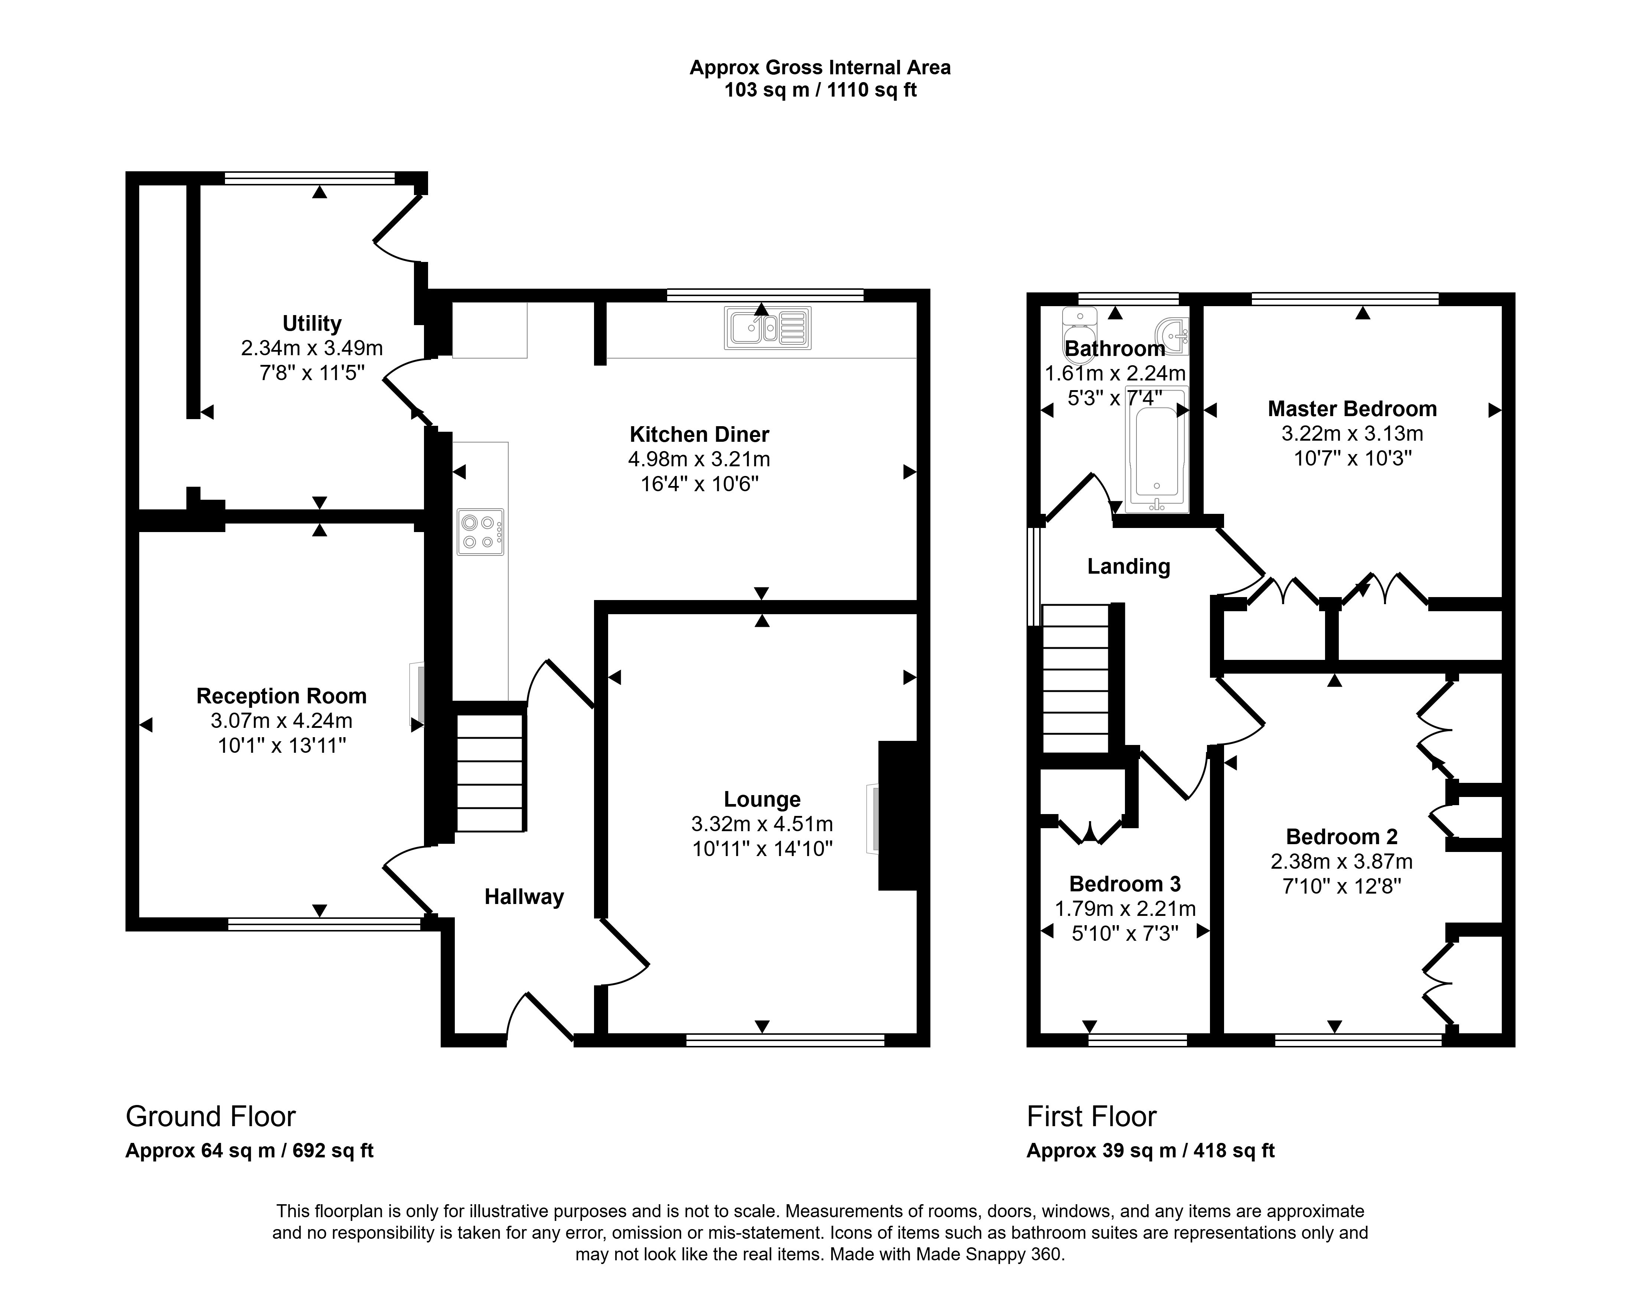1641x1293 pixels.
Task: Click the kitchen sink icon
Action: (767, 328)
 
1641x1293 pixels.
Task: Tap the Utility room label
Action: (312, 323)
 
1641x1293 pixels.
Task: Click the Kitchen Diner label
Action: (699, 435)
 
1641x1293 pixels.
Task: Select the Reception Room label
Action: (281, 696)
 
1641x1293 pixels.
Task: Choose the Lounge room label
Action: (762, 800)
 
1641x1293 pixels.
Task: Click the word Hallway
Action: (524, 897)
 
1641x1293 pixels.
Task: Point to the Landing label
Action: (1129, 566)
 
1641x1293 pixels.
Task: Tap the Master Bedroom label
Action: (1352, 409)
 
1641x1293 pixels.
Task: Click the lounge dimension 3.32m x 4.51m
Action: (762, 824)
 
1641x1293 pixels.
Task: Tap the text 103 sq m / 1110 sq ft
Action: (820, 90)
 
